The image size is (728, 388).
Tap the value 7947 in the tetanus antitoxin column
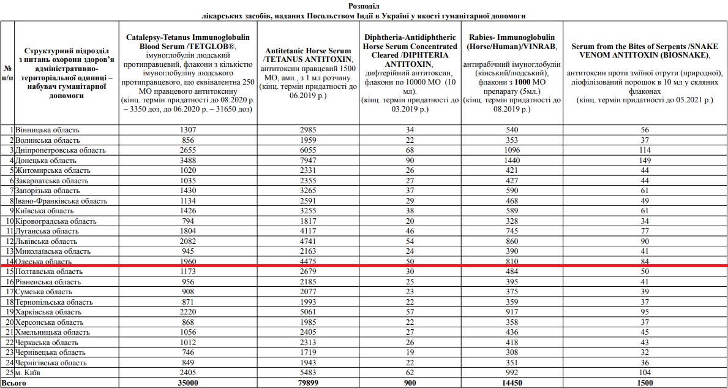pos(308,160)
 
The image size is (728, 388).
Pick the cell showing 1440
pos(512,160)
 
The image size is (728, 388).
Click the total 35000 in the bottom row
pos(188,383)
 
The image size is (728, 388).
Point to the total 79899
pos(308,383)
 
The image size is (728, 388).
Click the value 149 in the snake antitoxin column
pos(645,160)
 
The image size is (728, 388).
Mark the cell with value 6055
pos(308,150)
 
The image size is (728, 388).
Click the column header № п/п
pos(7,72)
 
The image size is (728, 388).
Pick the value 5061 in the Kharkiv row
pos(308,312)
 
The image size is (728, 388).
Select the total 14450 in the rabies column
pos(512,383)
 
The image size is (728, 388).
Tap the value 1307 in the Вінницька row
pos(188,130)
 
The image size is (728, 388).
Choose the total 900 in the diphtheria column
pos(410,383)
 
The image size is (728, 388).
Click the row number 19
pos(9,312)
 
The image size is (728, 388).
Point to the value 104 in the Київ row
pos(645,373)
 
